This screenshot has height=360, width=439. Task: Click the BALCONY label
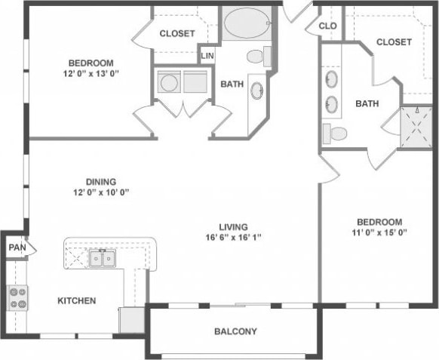(x=235, y=331)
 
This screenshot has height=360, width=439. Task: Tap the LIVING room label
(x=233, y=226)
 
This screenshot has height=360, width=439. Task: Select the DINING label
(x=100, y=181)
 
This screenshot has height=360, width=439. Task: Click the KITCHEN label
(x=77, y=300)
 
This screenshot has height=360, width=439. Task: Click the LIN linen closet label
(x=207, y=55)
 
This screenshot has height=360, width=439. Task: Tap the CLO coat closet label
(x=327, y=25)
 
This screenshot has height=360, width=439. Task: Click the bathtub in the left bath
(x=246, y=24)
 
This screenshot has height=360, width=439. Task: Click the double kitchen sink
(x=103, y=259)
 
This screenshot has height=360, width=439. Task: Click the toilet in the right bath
(x=335, y=134)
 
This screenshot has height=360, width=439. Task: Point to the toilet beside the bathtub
(x=259, y=55)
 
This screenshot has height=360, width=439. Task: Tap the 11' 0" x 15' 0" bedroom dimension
(x=379, y=232)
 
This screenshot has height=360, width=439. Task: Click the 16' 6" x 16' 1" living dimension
(x=233, y=237)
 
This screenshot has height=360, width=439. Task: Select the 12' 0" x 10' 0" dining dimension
(x=100, y=192)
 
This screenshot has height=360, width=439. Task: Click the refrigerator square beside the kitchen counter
(x=132, y=318)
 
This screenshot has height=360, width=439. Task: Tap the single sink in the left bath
(x=256, y=90)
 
